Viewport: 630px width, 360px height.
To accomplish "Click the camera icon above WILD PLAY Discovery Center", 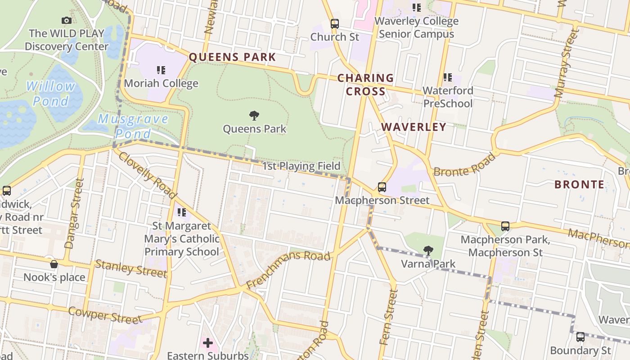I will point(66,20).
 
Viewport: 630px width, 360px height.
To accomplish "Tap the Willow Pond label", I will point(50,93).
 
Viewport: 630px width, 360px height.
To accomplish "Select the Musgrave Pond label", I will point(133,126).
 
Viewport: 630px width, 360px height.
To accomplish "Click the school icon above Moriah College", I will point(161,70).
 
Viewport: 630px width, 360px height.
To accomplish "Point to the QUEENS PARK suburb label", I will point(232,57).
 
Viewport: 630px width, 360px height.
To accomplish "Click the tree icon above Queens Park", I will point(254,116).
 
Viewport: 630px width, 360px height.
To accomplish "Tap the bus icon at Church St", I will point(335,24).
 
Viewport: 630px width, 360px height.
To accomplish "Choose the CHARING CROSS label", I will point(365,85).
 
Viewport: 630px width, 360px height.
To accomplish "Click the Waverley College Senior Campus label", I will point(416,27).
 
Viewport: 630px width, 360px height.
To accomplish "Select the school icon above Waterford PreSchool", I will point(448,77).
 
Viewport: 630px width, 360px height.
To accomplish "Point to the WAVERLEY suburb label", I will point(414,127).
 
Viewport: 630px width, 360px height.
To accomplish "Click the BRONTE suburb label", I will point(579,184).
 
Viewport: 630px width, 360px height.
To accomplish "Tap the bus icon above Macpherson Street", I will point(382,187).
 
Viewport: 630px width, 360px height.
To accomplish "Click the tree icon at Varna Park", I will point(428,250).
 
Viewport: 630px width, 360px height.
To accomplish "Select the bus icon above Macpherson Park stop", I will point(505,226).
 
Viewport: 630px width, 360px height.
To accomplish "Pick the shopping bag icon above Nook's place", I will point(54,264).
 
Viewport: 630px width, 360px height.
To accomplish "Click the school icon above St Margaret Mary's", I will point(182,212).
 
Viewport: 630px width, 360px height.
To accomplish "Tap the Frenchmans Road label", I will point(288,270).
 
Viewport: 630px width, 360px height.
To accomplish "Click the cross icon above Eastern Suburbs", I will point(207,343).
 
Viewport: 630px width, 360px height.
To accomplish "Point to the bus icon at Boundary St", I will point(580,337).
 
